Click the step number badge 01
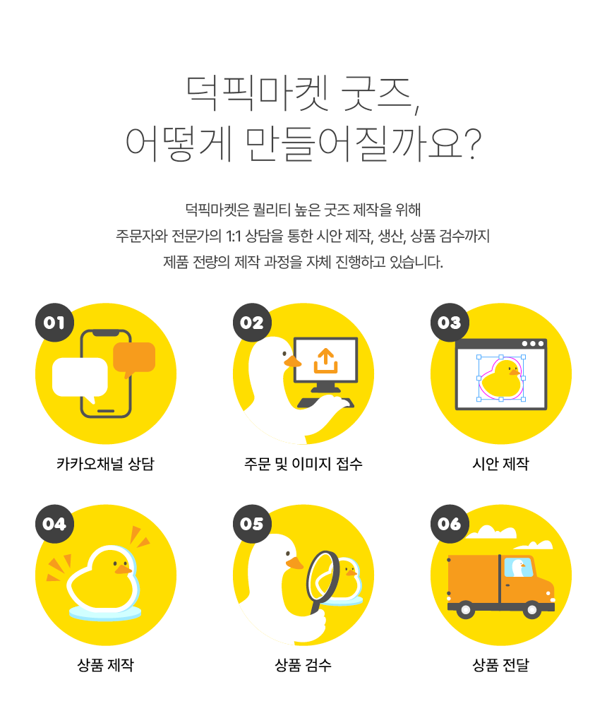54,323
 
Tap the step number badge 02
252,323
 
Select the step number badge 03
450,323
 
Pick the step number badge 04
54,524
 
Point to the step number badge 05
252,524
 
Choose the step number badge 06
450,524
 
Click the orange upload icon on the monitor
325,361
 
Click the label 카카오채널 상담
105,463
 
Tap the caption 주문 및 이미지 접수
303,463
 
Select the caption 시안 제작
500,463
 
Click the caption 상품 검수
303,664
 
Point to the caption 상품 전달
500,664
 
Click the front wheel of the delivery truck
531,610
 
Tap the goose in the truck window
519,568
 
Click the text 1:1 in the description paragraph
233,236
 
